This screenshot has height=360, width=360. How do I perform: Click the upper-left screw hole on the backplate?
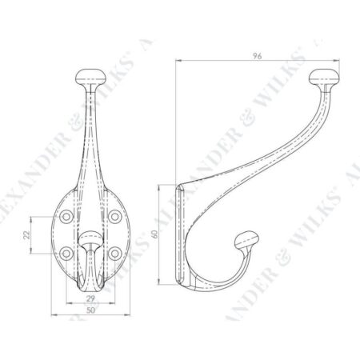(66, 216)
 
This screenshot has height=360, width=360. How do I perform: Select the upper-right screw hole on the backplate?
(117, 216)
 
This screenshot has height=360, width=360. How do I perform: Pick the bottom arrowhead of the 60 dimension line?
(170, 288)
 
